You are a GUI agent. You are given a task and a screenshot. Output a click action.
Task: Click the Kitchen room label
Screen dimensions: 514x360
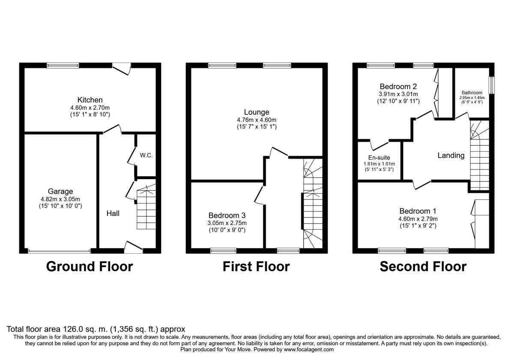pos(90,100)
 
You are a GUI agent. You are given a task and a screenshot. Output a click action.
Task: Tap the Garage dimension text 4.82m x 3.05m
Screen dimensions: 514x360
pos(60,199)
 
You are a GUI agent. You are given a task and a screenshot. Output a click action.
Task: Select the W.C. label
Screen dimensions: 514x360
pos(146,156)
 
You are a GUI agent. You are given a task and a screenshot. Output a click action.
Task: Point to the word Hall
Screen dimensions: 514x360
pos(113,213)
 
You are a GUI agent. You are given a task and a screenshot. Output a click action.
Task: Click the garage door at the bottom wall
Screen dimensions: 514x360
pos(59,251)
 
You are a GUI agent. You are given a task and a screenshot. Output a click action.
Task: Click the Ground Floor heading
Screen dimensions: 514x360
pos(90,267)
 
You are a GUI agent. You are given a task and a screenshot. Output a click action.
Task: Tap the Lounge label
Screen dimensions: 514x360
pos(257,112)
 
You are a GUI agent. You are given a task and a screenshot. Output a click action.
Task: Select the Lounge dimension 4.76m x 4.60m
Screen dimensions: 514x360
pos(257,120)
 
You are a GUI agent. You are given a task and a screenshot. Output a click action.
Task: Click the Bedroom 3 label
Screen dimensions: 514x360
pos(227,215)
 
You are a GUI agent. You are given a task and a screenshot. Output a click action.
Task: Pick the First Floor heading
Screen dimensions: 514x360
pos(256,267)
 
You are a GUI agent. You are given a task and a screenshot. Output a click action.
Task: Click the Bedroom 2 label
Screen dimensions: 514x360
pos(398,87)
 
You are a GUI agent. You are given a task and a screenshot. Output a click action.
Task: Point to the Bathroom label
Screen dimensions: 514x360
pos(472,93)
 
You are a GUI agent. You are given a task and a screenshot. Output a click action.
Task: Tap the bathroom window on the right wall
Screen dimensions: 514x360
pos(492,85)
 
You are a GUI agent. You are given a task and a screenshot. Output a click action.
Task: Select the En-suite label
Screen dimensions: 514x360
pos(379,158)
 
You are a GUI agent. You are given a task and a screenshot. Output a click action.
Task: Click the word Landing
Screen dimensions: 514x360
pos(451,156)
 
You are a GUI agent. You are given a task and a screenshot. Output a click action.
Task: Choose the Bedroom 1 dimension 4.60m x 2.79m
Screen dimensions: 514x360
pos(418,219)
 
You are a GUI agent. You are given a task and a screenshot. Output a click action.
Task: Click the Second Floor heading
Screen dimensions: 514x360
pos(423,267)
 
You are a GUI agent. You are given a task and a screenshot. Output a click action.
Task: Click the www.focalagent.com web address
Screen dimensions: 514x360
pos(309,349)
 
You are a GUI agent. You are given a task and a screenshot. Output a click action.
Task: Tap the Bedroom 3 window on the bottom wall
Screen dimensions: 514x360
pos(223,251)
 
